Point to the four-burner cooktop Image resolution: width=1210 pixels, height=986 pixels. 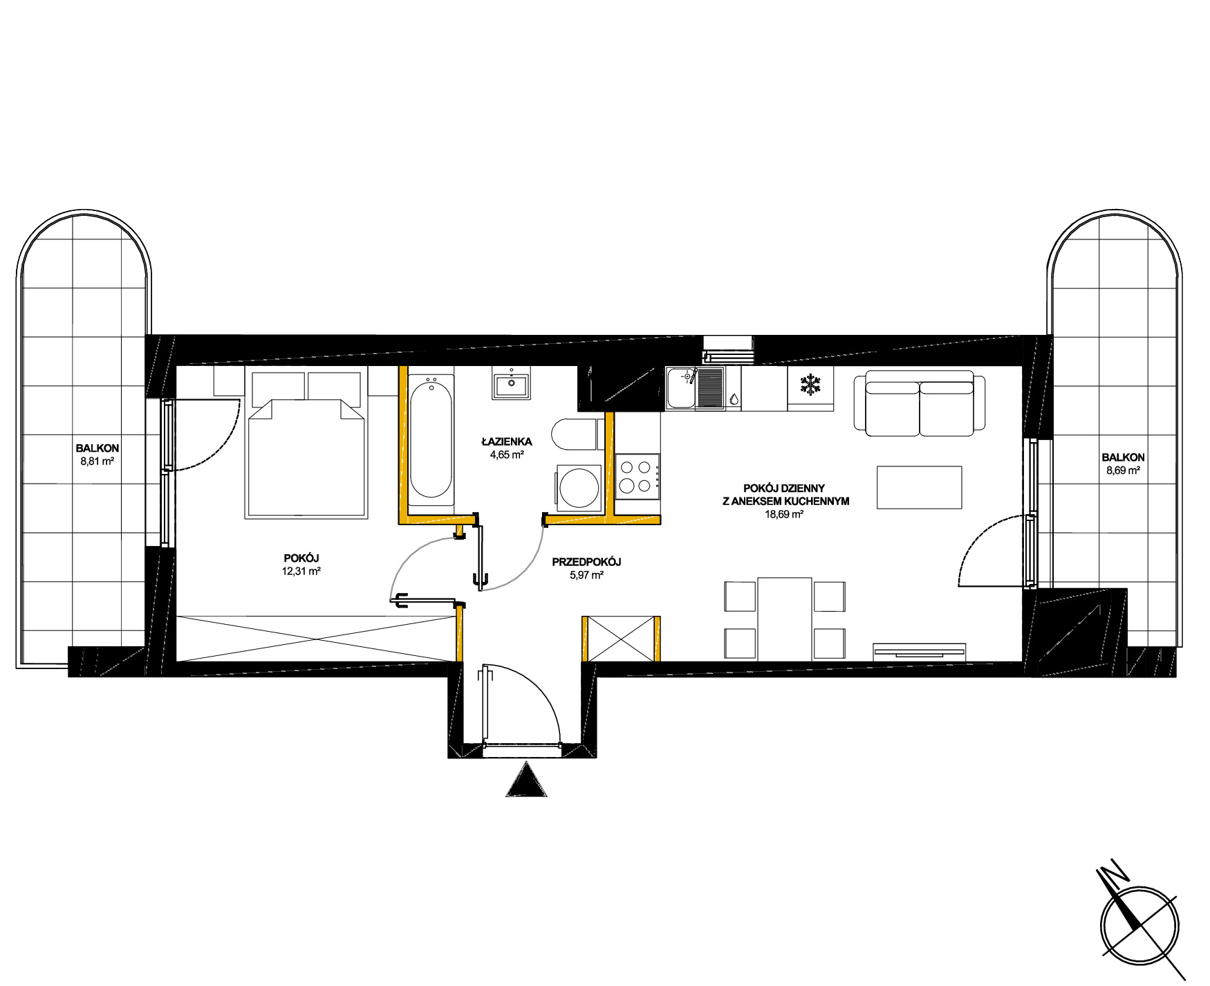[x=637, y=476]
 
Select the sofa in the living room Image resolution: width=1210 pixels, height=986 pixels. [x=919, y=403]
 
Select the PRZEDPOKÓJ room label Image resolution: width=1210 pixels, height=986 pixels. [x=586, y=563]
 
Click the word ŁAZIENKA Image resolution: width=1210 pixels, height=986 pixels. [x=507, y=441]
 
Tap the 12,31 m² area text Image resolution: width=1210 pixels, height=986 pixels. [x=301, y=572]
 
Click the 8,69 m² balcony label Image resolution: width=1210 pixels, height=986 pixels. [x=1123, y=470]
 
